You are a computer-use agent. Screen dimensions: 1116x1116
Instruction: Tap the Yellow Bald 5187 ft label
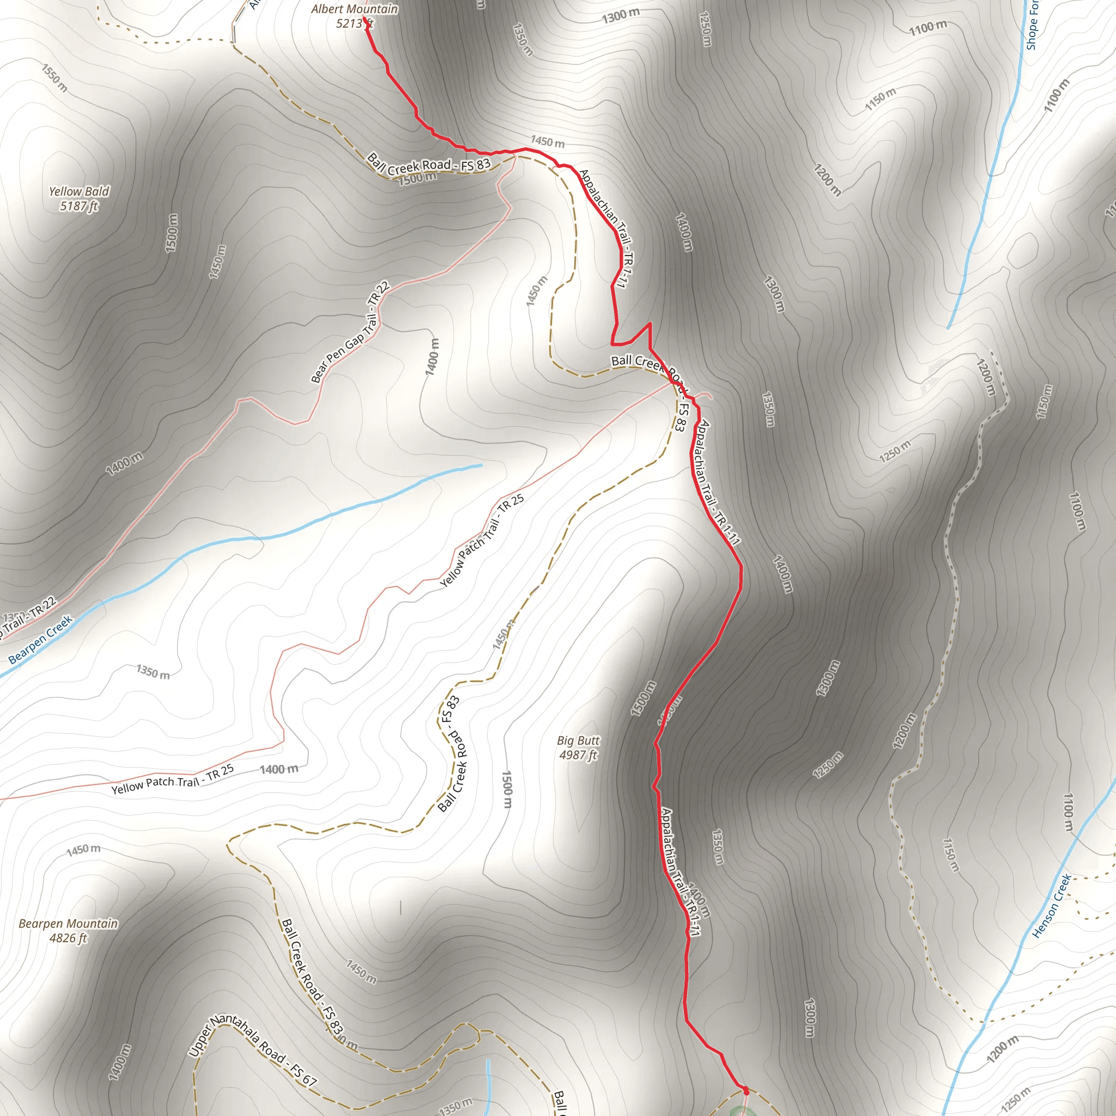tap(78, 198)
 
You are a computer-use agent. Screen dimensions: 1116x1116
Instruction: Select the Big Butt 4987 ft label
tap(578, 748)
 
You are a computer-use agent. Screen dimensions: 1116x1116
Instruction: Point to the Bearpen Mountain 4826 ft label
tap(68, 931)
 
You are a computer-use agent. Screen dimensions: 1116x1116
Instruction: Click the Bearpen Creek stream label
tap(40, 639)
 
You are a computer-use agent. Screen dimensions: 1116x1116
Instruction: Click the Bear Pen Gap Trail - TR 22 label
tap(350, 333)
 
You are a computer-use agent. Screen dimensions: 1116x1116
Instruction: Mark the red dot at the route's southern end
tap(745, 1090)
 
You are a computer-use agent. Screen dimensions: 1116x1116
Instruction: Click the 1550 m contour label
tap(55, 78)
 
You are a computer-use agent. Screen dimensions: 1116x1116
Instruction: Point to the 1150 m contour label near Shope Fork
tap(881, 99)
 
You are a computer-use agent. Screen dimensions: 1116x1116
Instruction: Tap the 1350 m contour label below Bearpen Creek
tap(153, 672)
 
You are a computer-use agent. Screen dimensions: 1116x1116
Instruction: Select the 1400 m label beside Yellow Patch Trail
tap(279, 769)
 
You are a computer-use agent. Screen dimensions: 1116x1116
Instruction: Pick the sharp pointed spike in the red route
tap(650, 324)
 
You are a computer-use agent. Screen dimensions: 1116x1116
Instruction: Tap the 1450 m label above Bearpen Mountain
tap(83, 849)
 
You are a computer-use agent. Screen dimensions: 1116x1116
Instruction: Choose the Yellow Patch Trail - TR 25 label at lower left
tap(172, 779)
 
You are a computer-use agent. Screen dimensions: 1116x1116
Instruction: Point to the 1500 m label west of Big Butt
tap(507, 790)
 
